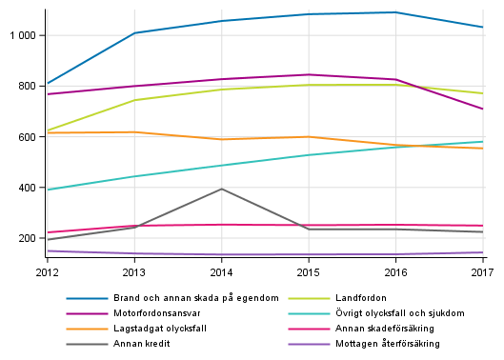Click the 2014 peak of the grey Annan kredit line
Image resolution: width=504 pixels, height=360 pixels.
[x=222, y=189]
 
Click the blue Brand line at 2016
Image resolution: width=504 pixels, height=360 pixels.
[x=396, y=12]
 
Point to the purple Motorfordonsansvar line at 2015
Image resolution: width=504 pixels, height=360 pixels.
[x=309, y=74]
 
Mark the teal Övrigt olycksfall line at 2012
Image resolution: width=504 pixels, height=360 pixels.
[x=48, y=190]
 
